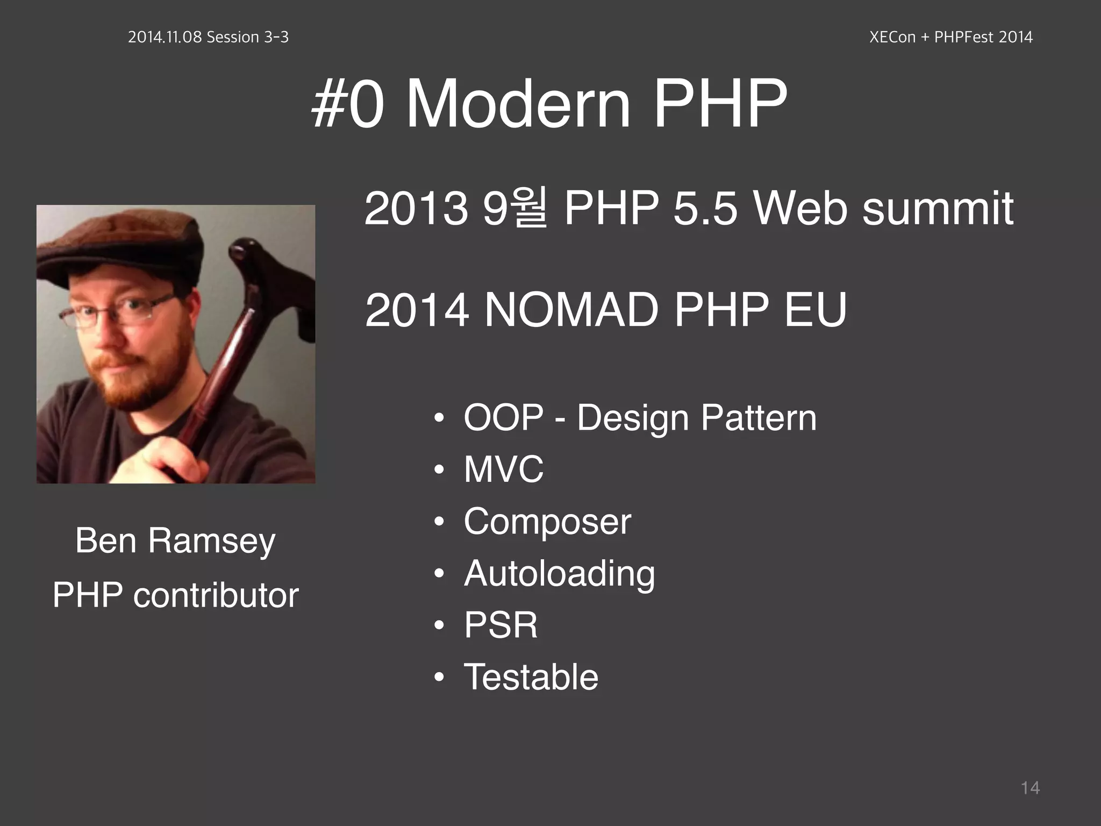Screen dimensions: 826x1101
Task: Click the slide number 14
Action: (x=1029, y=788)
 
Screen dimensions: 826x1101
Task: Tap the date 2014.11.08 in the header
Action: (x=165, y=37)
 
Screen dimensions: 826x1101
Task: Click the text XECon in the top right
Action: (x=892, y=37)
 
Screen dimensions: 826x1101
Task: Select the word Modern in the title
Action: (x=517, y=103)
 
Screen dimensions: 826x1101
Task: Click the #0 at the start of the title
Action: (x=348, y=103)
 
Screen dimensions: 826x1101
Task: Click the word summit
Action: (x=938, y=208)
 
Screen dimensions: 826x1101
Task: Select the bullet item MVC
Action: (x=503, y=469)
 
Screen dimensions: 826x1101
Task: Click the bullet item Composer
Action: (x=547, y=521)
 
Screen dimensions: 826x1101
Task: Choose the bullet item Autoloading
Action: (x=559, y=573)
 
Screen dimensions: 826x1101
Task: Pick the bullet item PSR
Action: (x=501, y=625)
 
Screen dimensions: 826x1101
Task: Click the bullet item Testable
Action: (x=531, y=677)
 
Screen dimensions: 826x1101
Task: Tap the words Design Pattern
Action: (x=696, y=418)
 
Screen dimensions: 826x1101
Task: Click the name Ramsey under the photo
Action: (x=211, y=540)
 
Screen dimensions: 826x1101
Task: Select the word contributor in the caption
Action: (x=216, y=595)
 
